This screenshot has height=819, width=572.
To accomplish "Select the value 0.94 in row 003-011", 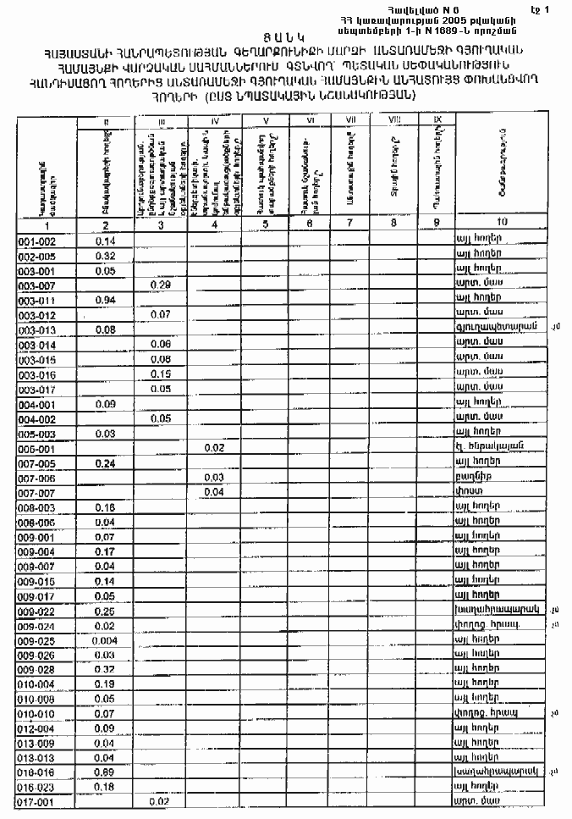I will point(106,300).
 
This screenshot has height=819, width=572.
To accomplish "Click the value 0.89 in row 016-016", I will point(106,772).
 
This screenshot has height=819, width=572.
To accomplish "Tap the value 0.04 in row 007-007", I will point(214,491).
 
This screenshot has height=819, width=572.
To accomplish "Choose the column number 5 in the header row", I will point(266,224).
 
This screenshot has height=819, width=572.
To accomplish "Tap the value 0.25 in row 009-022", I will point(106,611).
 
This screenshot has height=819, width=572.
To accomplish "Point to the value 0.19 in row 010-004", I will point(106,683).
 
